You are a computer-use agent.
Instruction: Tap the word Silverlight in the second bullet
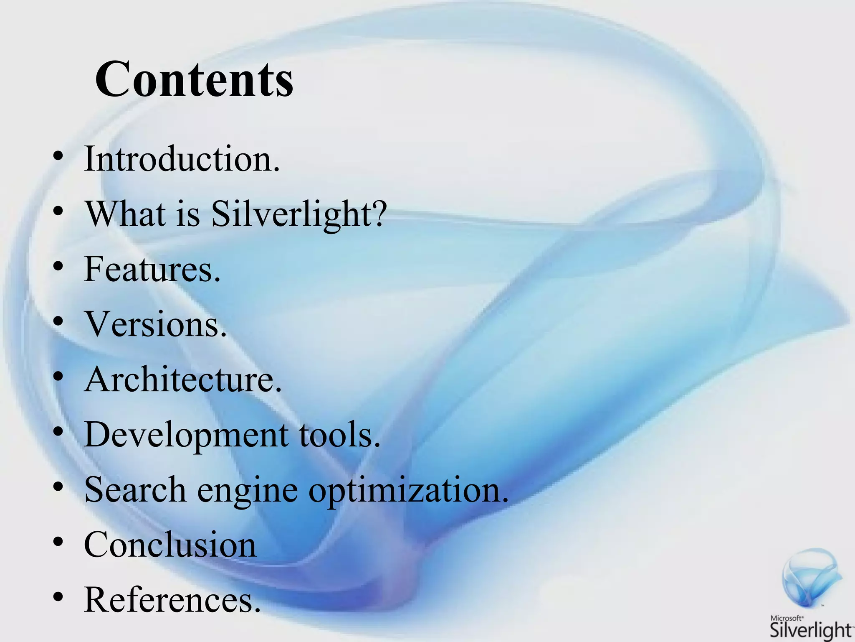point(290,214)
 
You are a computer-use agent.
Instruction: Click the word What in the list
point(125,214)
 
